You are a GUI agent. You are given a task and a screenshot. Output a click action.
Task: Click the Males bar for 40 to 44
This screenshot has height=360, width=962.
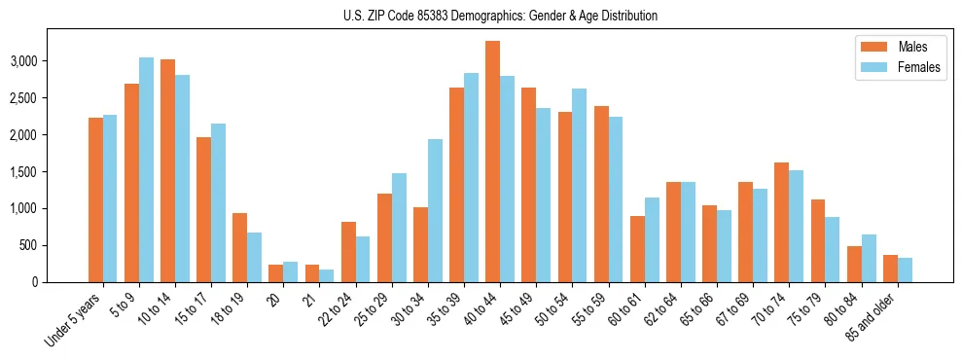pyautogui.click(x=492, y=162)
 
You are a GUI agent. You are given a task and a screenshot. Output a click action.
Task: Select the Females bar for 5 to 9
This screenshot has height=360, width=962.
pyautogui.click(x=146, y=169)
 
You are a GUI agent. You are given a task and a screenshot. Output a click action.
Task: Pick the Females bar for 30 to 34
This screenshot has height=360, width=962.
pyautogui.click(x=435, y=210)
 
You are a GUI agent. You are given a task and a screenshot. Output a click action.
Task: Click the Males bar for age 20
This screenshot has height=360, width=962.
pyautogui.click(x=275, y=273)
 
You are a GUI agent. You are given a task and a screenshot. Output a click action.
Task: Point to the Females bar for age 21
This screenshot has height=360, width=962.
pyautogui.click(x=327, y=275)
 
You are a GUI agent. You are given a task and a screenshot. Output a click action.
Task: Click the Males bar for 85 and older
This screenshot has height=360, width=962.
pyautogui.click(x=889, y=269)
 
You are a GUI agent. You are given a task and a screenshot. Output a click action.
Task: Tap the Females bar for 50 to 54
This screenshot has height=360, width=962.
pyautogui.click(x=579, y=185)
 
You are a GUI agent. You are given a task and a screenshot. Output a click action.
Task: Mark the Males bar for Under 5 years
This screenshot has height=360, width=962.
pyautogui.click(x=95, y=199)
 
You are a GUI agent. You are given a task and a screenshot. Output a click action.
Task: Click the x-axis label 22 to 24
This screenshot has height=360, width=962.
pyautogui.click(x=340, y=310)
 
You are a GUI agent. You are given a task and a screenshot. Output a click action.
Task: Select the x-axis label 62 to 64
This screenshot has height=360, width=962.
pyautogui.click(x=665, y=310)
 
